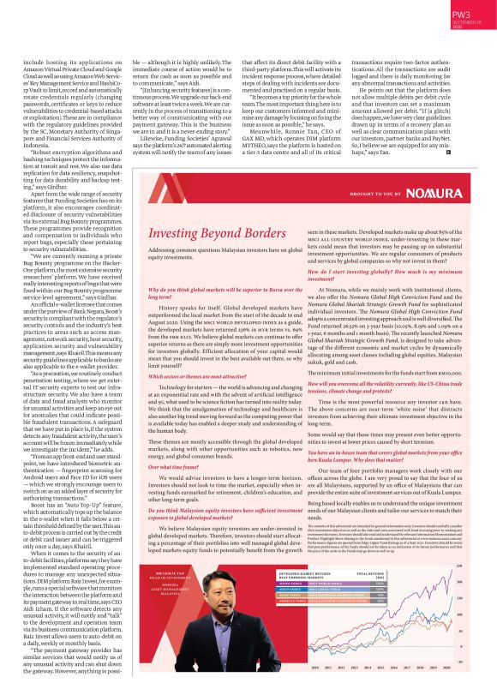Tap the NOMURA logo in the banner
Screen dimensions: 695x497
[439, 195]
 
